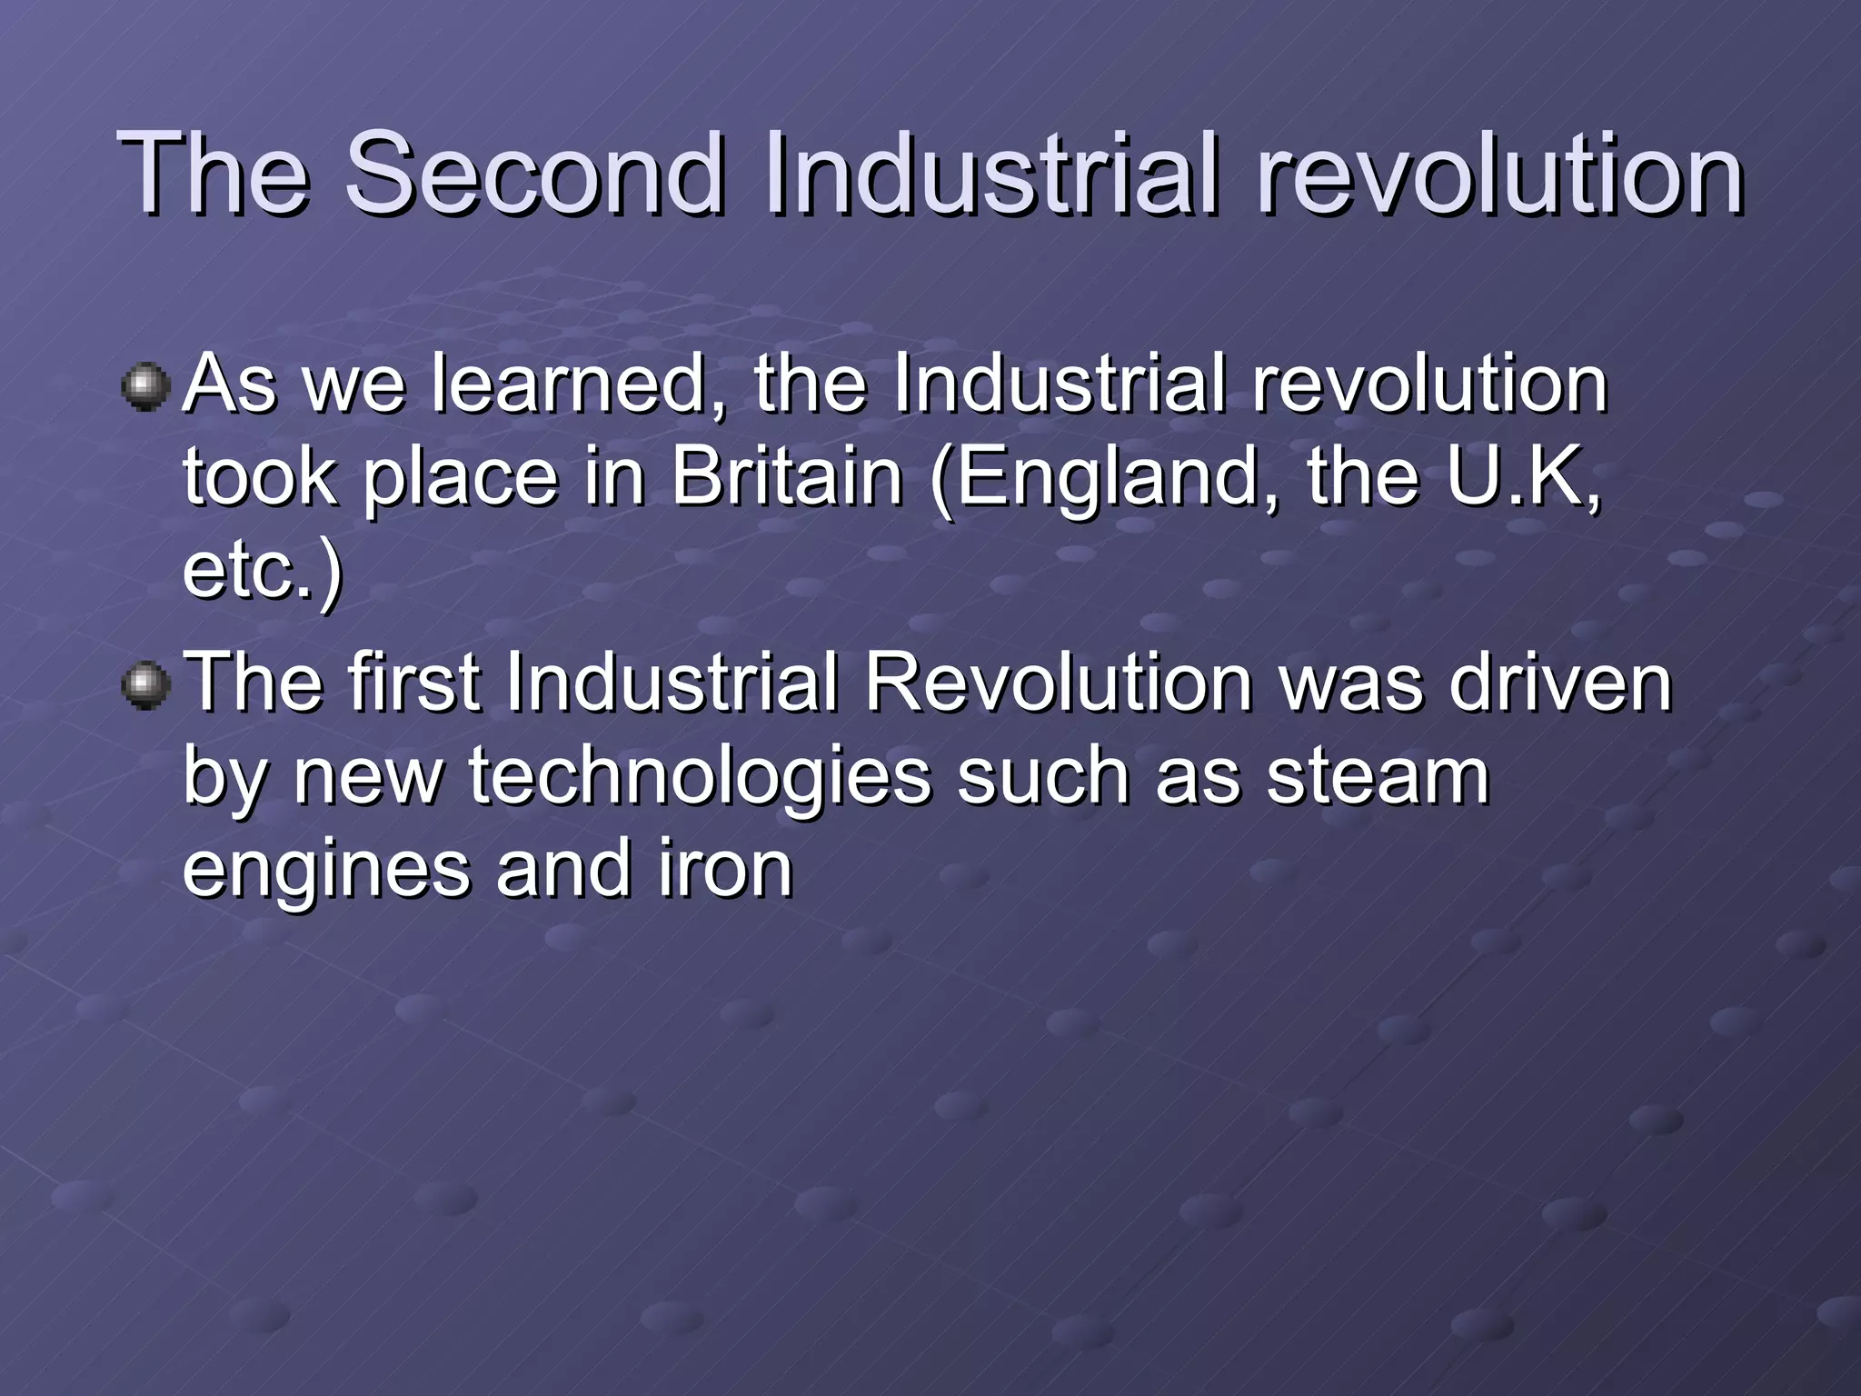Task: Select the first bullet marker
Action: coord(145,388)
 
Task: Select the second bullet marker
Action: coord(145,686)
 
